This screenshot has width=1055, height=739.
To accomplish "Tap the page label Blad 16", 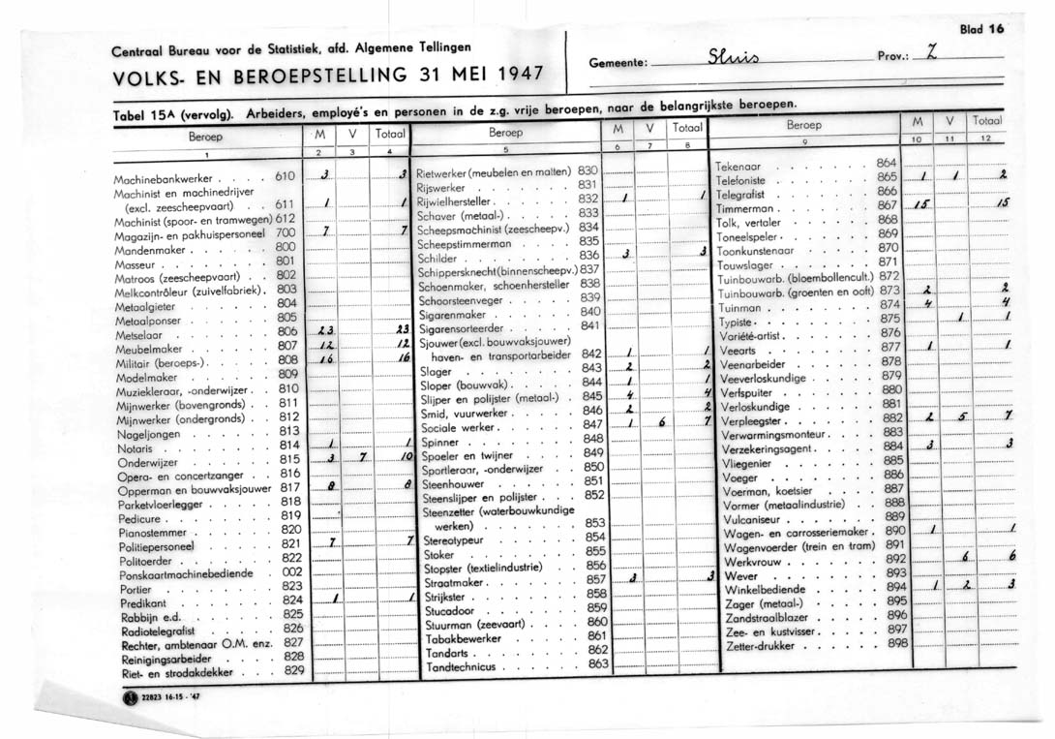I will click(981, 28).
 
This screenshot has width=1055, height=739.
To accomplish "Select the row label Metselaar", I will click(140, 331).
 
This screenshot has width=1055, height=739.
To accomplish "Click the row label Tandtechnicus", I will click(461, 667).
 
